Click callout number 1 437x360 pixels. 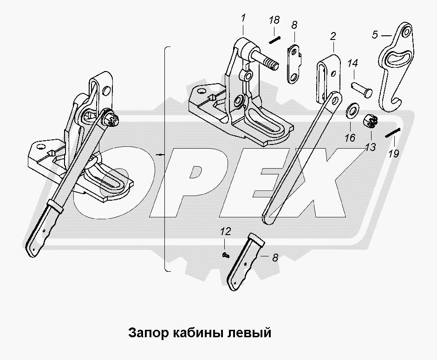click(243, 19)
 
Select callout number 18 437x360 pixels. click(274, 20)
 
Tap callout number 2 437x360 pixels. click(333, 36)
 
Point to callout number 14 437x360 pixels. click(352, 64)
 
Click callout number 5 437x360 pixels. click(375, 35)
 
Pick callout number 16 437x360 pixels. click(350, 138)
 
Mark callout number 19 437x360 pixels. click(393, 153)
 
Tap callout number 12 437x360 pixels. click(226, 231)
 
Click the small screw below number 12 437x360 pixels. click(226, 255)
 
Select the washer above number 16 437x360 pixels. click(352, 109)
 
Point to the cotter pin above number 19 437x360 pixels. click(393, 132)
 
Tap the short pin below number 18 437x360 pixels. click(274, 40)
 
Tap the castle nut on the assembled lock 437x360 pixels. click(112, 120)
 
